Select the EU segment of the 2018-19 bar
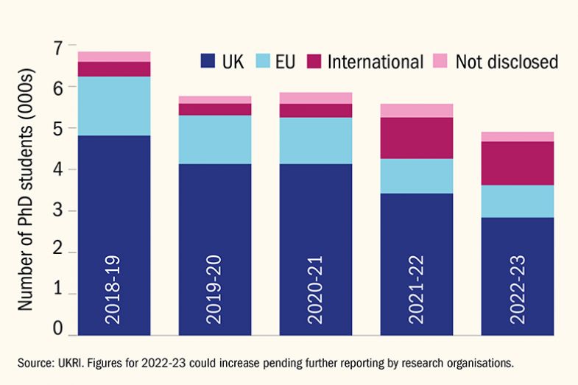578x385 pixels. (114, 106)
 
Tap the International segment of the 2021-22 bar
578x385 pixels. (416, 138)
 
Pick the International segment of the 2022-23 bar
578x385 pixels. (517, 163)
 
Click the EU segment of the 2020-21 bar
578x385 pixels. (315, 141)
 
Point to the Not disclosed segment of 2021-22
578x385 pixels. (416, 110)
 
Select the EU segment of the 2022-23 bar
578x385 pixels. (517, 201)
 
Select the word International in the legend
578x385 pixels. (376, 62)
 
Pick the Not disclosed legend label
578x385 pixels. (507, 62)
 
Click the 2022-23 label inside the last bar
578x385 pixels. (517, 290)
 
